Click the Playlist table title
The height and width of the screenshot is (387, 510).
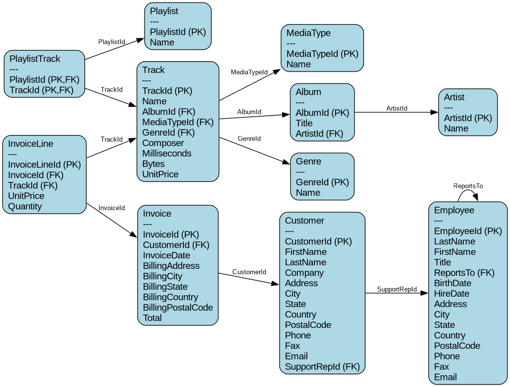pyautogui.click(x=164, y=11)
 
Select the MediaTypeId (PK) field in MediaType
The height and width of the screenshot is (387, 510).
pyautogui.click(x=322, y=54)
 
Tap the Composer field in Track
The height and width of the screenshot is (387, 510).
pyautogui.click(x=163, y=143)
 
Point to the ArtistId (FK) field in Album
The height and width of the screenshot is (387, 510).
pyautogui.click(x=319, y=134)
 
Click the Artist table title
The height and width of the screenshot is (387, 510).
pyautogui.click(x=454, y=97)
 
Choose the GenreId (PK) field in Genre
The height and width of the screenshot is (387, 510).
pyautogui.click(x=322, y=182)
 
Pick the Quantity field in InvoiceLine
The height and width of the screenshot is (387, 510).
pyautogui.click(x=25, y=207)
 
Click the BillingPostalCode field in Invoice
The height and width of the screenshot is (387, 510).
pyautogui.click(x=178, y=308)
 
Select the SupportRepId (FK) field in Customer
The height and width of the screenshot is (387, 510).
pyautogui.click(x=322, y=367)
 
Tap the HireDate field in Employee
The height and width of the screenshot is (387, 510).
pyautogui.click(x=451, y=294)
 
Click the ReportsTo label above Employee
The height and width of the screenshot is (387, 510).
pyautogui.click(x=468, y=186)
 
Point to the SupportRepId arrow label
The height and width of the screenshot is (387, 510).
pyautogui.click(x=396, y=289)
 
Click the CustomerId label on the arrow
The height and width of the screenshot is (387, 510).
pyautogui.click(x=249, y=272)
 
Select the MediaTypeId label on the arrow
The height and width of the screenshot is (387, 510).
pyautogui.click(x=249, y=73)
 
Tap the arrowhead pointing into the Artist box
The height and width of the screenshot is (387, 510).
pyautogui.click(x=435, y=112)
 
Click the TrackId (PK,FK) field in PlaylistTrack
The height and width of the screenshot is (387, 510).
pyautogui.click(x=41, y=90)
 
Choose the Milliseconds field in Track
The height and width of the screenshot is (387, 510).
pyautogui.click(x=166, y=154)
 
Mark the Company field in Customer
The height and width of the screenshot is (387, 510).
pyautogui.click(x=304, y=273)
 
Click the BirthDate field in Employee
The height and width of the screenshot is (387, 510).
pyautogui.click(x=452, y=283)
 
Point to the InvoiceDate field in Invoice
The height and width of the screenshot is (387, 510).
pyautogui.click(x=166, y=255)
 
